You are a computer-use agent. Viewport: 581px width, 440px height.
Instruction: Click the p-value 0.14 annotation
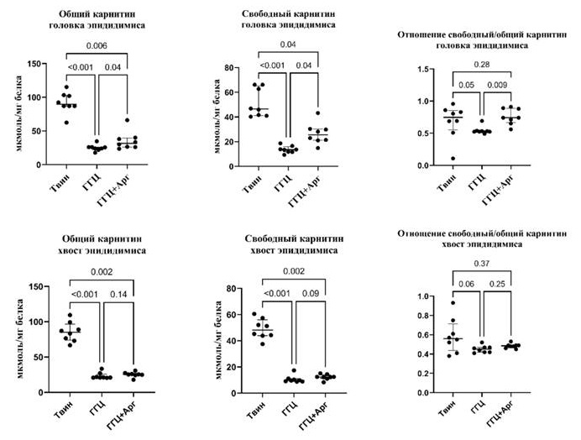pos(115,295)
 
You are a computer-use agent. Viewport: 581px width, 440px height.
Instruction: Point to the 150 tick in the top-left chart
pos(35,64)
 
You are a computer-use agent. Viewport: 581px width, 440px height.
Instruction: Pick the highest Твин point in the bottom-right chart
pos(454,303)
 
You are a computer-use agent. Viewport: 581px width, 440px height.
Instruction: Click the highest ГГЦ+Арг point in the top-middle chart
pos(317,113)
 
